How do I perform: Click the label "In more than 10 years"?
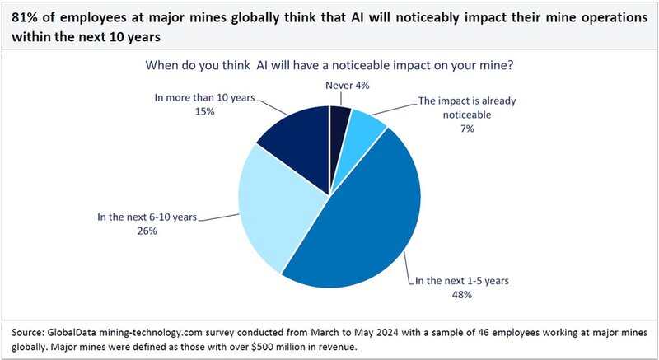[x=208, y=97]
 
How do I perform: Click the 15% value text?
[x=208, y=111]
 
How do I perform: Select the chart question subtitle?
[x=330, y=63]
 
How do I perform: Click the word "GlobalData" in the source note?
[x=79, y=332]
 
